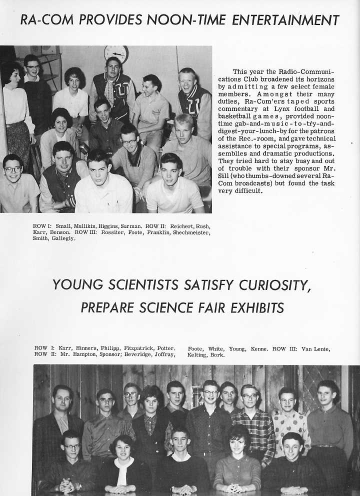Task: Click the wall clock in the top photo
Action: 116,53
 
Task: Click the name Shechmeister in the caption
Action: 191,232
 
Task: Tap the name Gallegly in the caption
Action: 64,238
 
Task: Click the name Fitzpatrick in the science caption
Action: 134,348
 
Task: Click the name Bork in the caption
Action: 218,355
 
